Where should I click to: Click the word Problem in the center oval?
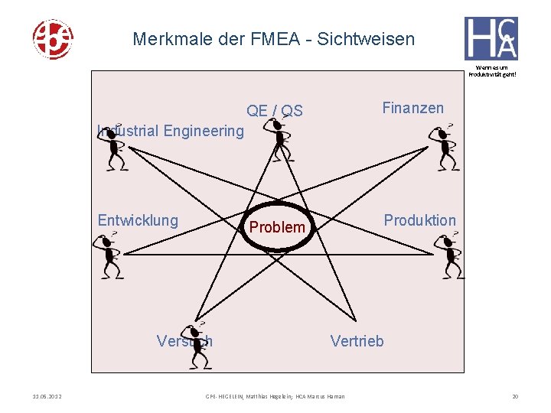point(277,227)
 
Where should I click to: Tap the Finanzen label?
point(412,108)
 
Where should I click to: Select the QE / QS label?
point(275,111)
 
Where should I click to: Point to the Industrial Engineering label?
point(171,131)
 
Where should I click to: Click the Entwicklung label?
point(138,221)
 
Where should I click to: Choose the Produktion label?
point(419,220)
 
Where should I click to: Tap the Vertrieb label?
point(357,341)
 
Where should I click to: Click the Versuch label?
point(184,341)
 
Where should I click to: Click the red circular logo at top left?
point(52,38)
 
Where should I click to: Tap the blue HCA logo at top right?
point(491,38)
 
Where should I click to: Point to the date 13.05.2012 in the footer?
point(47,396)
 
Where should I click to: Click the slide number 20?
point(514,396)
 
